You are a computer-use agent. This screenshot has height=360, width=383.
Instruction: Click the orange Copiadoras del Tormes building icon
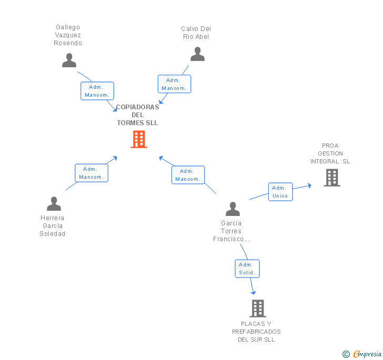tap(138, 139)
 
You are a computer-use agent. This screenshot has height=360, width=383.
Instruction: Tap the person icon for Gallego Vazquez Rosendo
tap(69, 60)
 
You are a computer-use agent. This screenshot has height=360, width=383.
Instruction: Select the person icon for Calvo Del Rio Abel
tap(197, 54)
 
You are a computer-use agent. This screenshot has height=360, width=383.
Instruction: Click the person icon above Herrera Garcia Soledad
tap(54, 203)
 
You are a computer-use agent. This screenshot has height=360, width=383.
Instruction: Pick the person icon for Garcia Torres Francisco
tap(233, 209)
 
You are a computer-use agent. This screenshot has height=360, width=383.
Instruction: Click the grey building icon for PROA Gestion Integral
tap(331, 178)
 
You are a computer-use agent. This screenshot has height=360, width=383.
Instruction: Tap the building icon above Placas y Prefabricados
tap(257, 308)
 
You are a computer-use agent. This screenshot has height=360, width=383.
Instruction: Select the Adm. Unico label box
tap(280, 192)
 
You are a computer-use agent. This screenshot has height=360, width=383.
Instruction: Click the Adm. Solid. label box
tap(247, 269)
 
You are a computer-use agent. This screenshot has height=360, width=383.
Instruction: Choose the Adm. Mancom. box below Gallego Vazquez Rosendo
tap(97, 91)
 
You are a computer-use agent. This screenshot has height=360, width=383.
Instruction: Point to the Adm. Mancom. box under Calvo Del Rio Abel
tap(174, 84)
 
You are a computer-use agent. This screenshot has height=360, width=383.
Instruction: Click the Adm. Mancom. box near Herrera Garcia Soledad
tap(91, 173)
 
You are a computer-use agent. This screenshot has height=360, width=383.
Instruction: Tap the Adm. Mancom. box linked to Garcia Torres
tap(188, 175)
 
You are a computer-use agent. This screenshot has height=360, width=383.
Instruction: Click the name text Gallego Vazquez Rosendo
tap(68, 35)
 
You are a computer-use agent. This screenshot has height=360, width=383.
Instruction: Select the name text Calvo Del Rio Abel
tap(196, 33)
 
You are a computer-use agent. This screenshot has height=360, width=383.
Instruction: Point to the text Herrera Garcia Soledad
tap(53, 226)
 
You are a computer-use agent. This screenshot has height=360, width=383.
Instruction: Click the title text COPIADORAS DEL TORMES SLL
tap(137, 115)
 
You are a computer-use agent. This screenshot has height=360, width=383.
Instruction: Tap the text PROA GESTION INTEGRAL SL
tap(330, 153)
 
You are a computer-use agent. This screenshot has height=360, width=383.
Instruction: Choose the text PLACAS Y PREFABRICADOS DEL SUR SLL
tap(256, 332)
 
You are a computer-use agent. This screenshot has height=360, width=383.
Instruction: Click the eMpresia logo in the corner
tap(362, 354)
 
